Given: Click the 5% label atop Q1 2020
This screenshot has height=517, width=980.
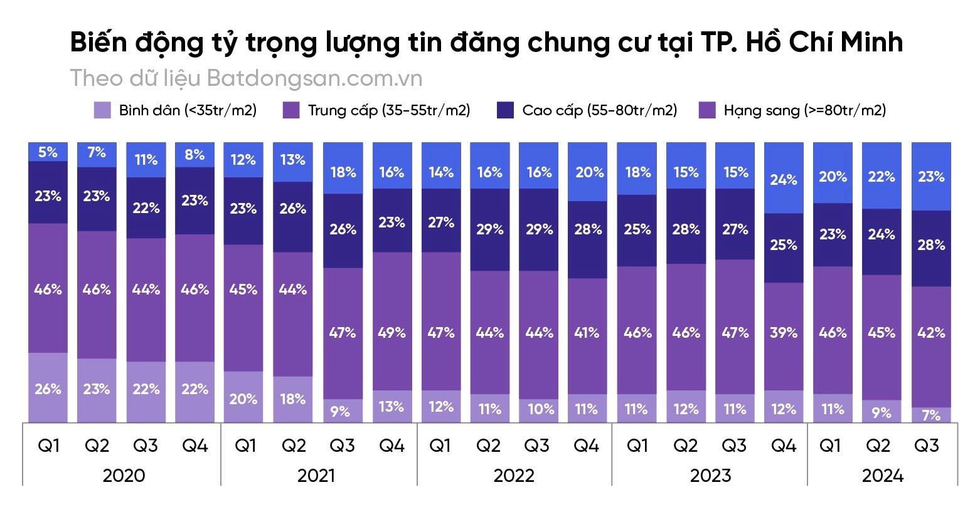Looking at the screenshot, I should point(48,152).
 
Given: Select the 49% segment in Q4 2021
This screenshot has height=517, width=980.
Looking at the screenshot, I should point(391,332).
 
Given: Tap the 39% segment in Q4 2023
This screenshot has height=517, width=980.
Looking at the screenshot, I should point(784,332).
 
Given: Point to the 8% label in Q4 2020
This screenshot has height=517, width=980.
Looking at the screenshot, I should point(194,154).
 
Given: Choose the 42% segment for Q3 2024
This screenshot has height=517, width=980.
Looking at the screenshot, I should point(931,332).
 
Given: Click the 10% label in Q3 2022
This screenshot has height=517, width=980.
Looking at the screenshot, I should point(539,409).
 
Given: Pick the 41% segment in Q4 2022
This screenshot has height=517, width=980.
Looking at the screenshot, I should point(588,332).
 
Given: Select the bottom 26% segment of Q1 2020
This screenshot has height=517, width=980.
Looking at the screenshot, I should point(48,389).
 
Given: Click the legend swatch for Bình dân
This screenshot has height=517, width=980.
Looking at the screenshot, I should point(102,110).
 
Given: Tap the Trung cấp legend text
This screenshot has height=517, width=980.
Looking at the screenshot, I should point(389,110).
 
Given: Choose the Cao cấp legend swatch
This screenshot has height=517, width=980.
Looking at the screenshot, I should point(505,110).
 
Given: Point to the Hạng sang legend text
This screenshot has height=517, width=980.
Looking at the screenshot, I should point(804,110).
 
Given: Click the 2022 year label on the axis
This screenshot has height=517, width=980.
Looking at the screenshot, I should point(514,475).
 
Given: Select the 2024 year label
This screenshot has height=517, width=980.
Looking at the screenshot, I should point(882,475).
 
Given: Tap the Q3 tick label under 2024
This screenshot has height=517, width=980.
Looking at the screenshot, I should point(927,446).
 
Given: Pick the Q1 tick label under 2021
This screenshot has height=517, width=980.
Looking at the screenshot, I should point(245,446).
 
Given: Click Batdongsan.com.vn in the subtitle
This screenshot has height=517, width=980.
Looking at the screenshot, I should point(314,78).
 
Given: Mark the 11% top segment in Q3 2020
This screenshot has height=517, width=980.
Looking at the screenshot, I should point(146,159).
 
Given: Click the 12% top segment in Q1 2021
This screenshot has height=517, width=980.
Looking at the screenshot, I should point(243,159).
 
